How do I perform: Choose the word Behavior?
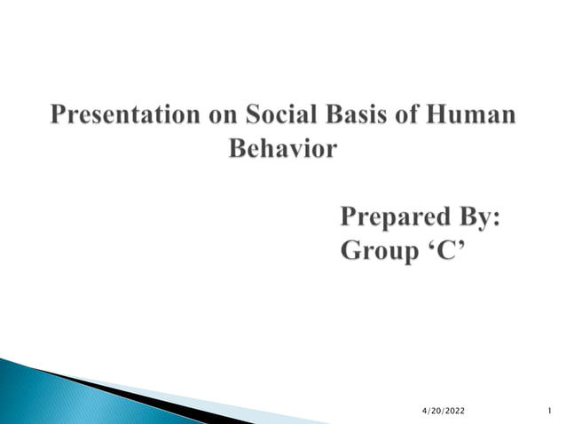pyautogui.click(x=283, y=148)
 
